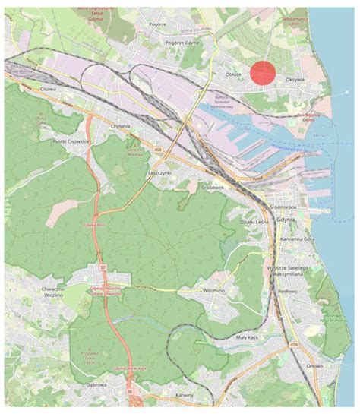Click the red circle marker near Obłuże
[263, 73]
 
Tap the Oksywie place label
[295, 77]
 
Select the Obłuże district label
[235, 74]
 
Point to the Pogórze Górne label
[182, 43]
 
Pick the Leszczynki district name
[158, 173]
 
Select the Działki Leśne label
[251, 222]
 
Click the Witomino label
[214, 291]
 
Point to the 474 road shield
[293, 346]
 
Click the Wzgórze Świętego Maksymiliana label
[285, 272]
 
